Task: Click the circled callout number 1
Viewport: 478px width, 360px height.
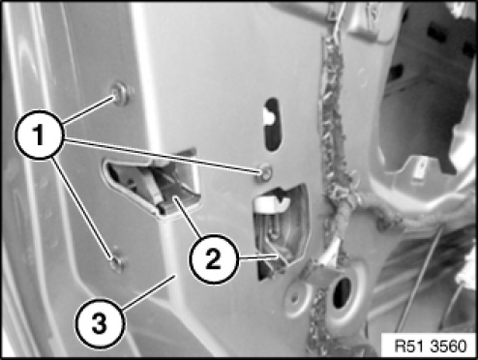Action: pyautogui.click(x=40, y=135)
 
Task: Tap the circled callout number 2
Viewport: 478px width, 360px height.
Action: pyautogui.click(x=213, y=258)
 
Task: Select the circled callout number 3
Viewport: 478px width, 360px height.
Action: pyautogui.click(x=100, y=323)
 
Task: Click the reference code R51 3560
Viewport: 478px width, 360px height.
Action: pyautogui.click(x=431, y=345)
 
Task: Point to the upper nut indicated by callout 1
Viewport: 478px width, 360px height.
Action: pyautogui.click(x=122, y=94)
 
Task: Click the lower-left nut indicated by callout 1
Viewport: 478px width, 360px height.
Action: pyautogui.click(x=117, y=263)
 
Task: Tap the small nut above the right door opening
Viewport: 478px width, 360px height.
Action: pyautogui.click(x=266, y=172)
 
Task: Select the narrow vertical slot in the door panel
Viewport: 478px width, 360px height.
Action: pyautogui.click(x=271, y=124)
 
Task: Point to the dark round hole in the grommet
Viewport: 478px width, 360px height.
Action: pyautogui.click(x=341, y=293)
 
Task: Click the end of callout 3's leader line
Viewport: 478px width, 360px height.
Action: pyautogui.click(x=174, y=275)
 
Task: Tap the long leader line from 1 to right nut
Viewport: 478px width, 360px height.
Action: pyautogui.click(x=164, y=156)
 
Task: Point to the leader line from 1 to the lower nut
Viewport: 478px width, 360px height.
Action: pyautogui.click(x=82, y=207)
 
